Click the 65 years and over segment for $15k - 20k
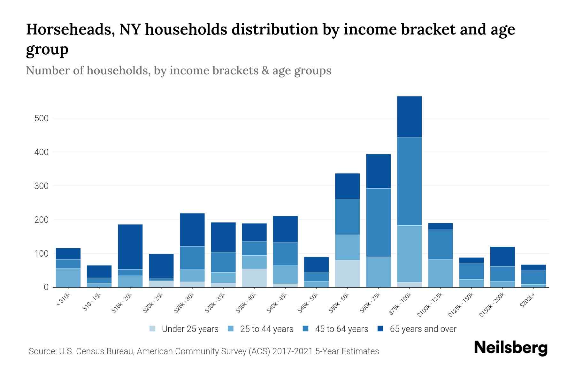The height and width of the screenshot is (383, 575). pyautogui.click(x=130, y=247)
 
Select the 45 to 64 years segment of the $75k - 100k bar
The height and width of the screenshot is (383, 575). pyautogui.click(x=409, y=181)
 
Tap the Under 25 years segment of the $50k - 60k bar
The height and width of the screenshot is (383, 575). pyautogui.click(x=347, y=274)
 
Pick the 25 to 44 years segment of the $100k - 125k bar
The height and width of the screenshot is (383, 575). pyautogui.click(x=440, y=273)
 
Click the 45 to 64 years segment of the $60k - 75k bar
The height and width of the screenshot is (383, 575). pyautogui.click(x=378, y=222)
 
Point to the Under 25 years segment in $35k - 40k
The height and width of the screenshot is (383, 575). pyautogui.click(x=254, y=278)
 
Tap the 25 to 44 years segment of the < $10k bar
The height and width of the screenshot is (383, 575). pyautogui.click(x=68, y=278)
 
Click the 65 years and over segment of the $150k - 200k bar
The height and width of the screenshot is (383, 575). pyautogui.click(x=502, y=256)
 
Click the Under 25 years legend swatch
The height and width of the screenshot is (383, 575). pyautogui.click(x=152, y=329)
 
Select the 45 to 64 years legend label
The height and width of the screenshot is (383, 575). pyautogui.click(x=341, y=329)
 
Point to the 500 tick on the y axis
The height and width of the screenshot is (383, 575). pyautogui.click(x=42, y=118)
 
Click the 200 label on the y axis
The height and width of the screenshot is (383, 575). pyautogui.click(x=42, y=220)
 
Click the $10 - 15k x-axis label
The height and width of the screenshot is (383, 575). pyautogui.click(x=92, y=302)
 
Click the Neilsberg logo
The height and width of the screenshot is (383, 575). pyautogui.click(x=510, y=348)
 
